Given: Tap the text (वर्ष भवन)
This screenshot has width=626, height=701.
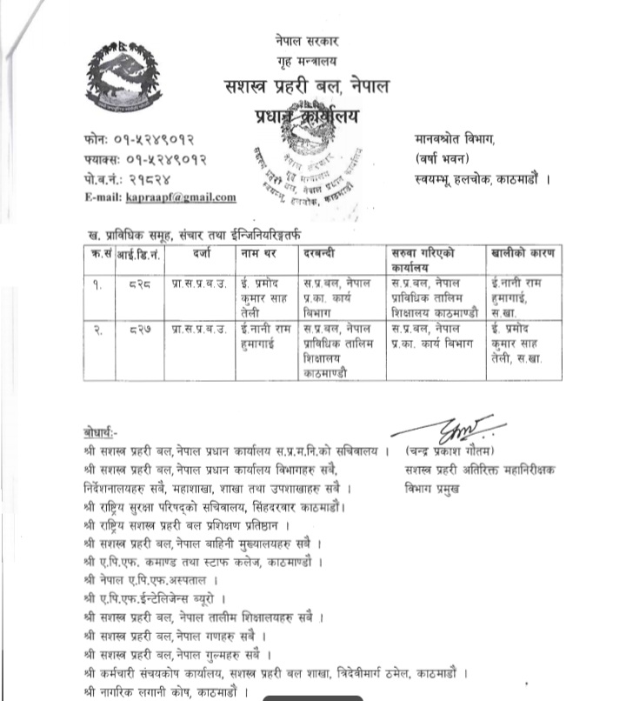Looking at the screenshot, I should [x=440, y=157].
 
